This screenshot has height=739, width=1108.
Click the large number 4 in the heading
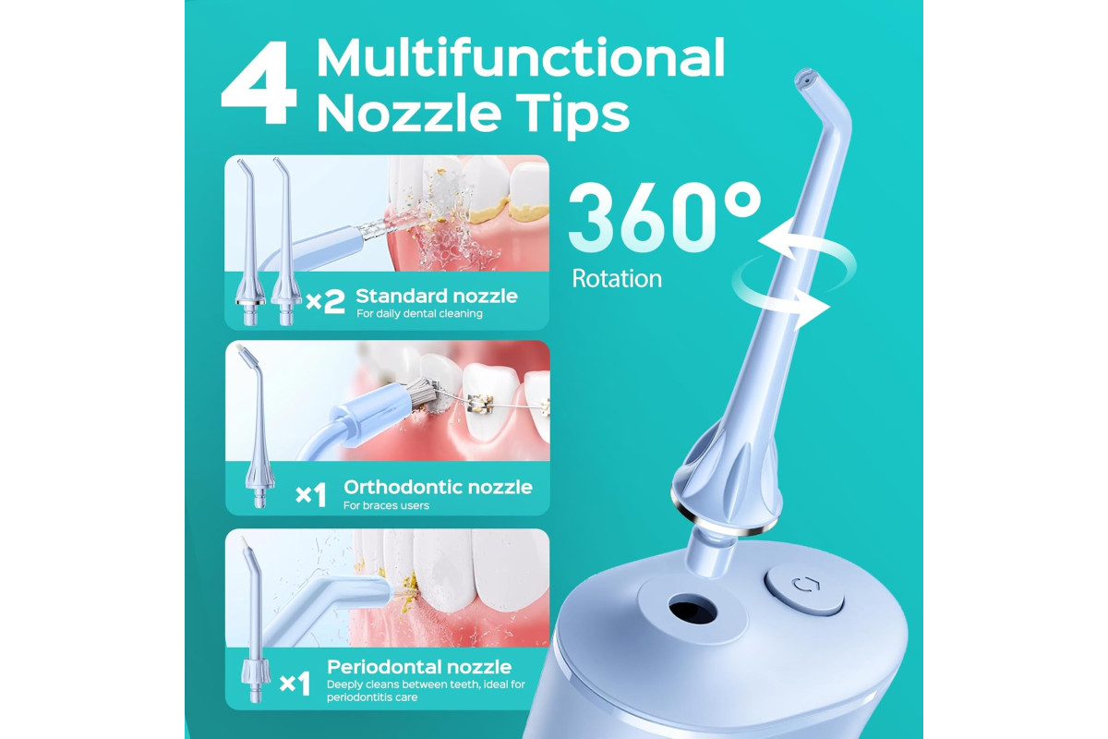(259, 82)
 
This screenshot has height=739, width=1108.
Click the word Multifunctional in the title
(521, 58)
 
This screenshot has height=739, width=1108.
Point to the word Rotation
(617, 278)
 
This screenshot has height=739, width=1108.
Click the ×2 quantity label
(325, 301)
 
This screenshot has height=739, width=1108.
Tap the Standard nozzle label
(436, 296)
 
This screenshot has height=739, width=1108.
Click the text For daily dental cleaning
(419, 313)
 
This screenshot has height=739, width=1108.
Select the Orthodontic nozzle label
(438, 487)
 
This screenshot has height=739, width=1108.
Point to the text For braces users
(386, 505)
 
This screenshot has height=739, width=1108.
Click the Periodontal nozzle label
(419, 667)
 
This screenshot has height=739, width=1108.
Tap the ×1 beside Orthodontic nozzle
(310, 494)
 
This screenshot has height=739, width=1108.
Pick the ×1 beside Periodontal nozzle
(295, 684)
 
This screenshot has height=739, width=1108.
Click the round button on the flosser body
(804, 591)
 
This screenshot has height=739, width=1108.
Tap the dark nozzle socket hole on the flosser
(692, 609)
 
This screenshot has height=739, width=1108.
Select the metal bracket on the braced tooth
(479, 403)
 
